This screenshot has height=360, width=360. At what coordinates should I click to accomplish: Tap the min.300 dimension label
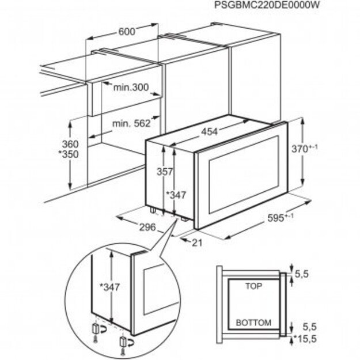(130, 88)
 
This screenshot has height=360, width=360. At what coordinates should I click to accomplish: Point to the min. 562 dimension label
(131, 123)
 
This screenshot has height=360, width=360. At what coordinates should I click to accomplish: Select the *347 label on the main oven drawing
(178, 195)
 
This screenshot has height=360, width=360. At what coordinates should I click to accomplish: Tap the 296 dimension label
(147, 228)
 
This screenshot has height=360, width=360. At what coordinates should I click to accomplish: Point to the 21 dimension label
(197, 242)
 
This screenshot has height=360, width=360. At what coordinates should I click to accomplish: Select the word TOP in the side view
(253, 286)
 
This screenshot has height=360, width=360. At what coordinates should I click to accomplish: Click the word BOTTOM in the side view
(253, 323)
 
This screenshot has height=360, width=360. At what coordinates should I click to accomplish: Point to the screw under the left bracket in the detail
(94, 341)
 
